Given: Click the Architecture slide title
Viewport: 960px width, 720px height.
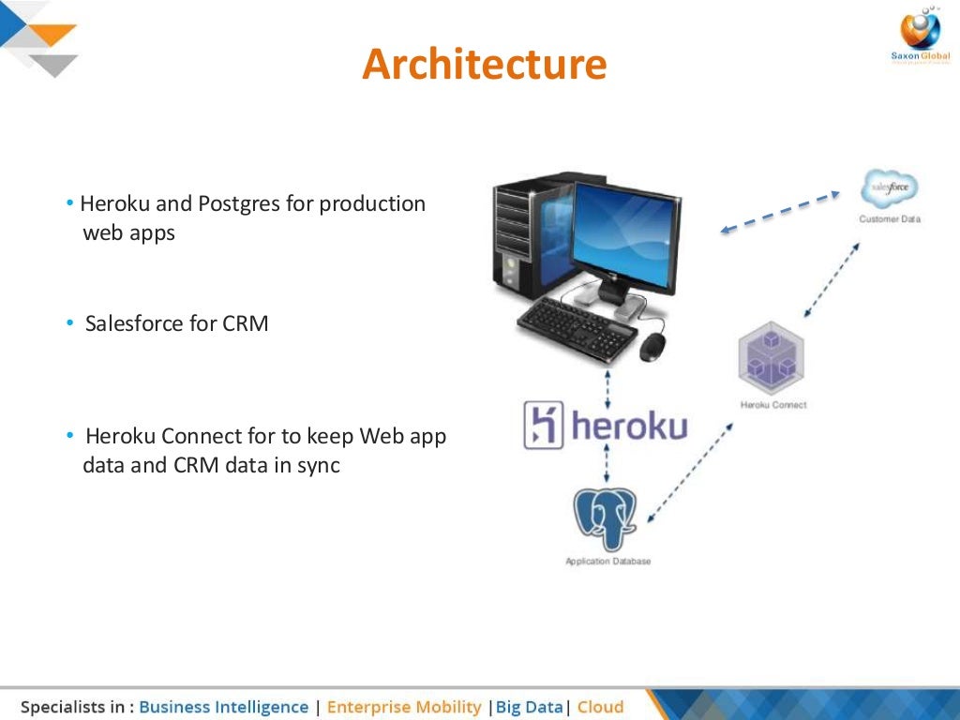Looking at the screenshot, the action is click(x=484, y=65).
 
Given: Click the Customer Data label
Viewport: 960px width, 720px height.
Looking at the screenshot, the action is click(x=890, y=219).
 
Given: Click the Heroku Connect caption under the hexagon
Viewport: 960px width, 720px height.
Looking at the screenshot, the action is click(x=772, y=405).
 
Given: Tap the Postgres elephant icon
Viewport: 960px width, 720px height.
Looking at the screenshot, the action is click(x=606, y=519).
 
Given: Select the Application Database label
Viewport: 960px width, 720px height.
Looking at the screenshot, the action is click(x=607, y=562).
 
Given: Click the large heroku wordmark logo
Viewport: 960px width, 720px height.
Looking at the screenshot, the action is click(x=605, y=425).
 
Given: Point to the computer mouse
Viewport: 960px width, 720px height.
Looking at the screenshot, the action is click(x=652, y=348).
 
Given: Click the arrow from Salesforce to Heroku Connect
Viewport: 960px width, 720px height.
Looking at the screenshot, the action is click(x=831, y=280).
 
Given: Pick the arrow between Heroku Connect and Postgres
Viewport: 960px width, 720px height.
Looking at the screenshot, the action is click(x=690, y=472).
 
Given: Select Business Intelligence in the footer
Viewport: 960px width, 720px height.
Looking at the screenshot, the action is click(x=223, y=707).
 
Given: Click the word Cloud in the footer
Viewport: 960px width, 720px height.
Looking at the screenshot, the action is click(x=600, y=707).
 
